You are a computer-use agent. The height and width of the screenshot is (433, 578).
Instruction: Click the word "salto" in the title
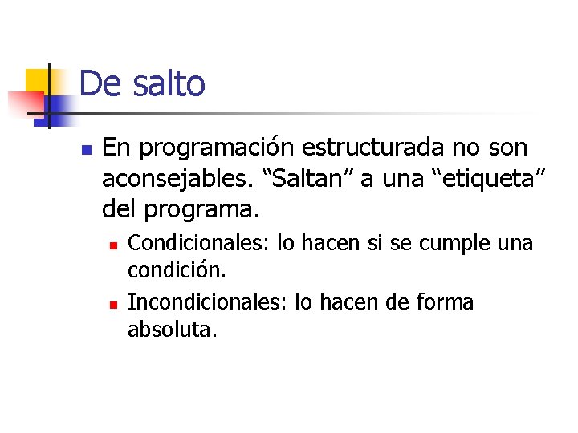(169, 83)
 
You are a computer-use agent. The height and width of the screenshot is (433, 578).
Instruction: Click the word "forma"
(445, 302)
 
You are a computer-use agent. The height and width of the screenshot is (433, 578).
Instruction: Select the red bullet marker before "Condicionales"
(114, 244)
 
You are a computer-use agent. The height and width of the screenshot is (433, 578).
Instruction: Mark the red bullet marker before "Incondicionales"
(114, 304)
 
